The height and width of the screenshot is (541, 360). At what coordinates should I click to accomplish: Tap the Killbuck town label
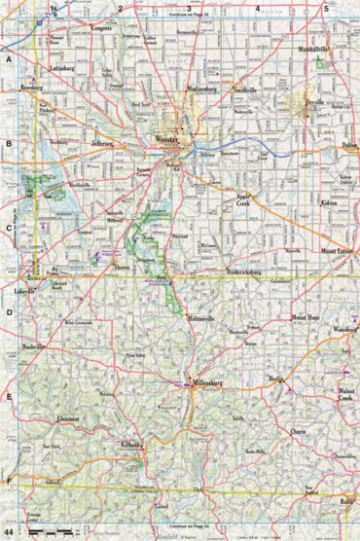click(x=132, y=444)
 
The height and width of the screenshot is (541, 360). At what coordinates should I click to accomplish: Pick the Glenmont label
click(x=68, y=418)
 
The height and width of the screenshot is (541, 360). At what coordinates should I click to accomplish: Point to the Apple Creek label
click(x=243, y=199)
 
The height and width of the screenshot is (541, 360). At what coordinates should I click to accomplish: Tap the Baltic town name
click(x=347, y=500)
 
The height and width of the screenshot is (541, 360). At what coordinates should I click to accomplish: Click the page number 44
click(x=8, y=534)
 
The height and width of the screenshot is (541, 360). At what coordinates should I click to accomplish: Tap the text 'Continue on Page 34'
click(x=190, y=16)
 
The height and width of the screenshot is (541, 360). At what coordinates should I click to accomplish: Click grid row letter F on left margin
click(x=8, y=483)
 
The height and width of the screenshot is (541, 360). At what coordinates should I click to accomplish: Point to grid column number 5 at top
click(x=326, y=8)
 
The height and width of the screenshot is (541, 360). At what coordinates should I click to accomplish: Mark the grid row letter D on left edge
click(x=8, y=313)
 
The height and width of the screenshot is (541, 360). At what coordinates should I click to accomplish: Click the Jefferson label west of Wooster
click(x=103, y=144)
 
